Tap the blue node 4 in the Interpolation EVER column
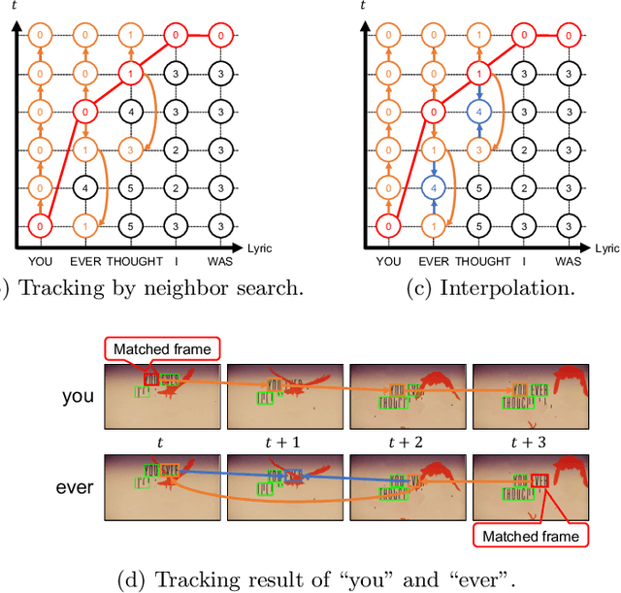pos(436,187)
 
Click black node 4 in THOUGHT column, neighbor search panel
pos(132,112)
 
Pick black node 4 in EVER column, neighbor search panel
pos(86,187)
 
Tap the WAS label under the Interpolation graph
pos(568,261)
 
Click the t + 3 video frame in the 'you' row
pos(530,396)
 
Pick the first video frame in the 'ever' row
pos(161,486)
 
